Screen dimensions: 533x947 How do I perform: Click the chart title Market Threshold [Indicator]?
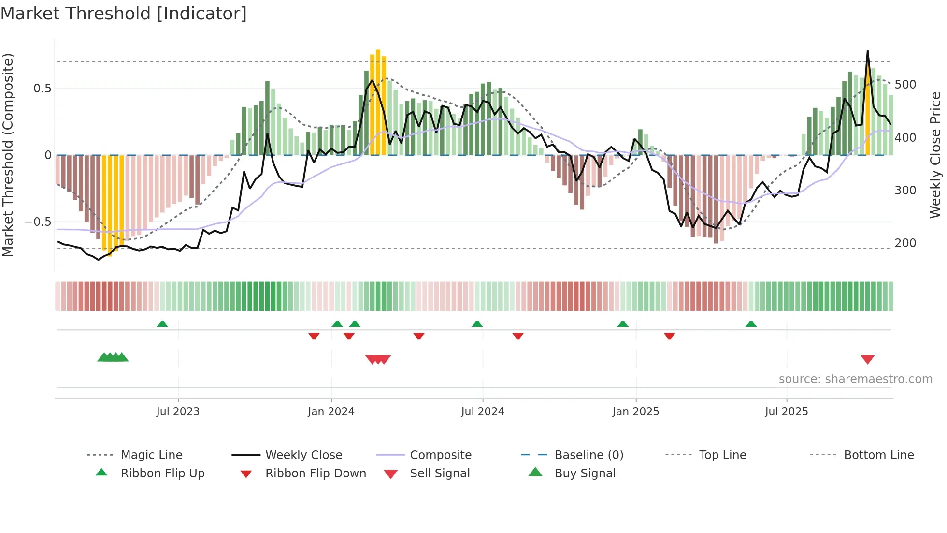124,14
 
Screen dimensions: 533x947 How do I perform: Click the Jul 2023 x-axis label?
178,412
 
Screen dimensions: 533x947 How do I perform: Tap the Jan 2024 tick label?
331,412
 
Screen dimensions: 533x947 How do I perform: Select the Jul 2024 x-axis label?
482,412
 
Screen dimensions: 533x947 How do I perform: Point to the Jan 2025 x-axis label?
635,412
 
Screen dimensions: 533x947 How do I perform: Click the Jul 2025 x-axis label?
786,412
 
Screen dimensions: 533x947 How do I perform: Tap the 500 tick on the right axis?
905,85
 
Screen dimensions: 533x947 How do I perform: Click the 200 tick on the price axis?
905,243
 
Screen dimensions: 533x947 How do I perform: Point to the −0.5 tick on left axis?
38,222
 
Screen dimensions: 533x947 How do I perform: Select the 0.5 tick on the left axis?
42,89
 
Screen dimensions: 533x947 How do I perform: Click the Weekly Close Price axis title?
936,155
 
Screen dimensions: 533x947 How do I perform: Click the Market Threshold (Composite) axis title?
8,155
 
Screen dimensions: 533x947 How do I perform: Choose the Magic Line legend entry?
151,455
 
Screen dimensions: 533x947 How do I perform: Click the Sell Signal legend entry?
439,474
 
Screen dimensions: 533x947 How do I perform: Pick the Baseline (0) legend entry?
588,455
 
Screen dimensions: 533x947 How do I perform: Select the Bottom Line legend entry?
878,455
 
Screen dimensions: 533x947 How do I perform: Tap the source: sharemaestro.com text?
855,379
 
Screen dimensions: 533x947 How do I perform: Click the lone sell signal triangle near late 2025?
867,359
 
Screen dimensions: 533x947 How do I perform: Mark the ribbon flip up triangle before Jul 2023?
162,324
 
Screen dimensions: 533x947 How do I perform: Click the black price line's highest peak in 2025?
868,51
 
